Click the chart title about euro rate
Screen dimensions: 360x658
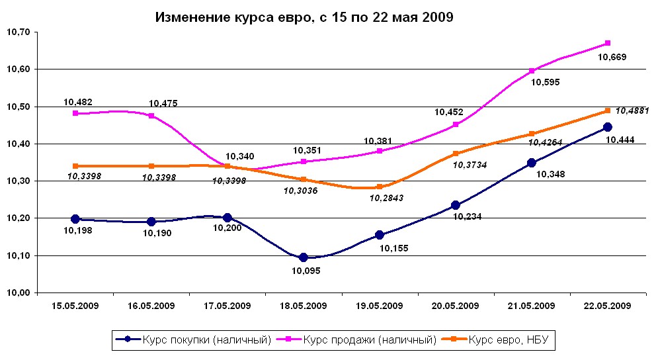point(304,18)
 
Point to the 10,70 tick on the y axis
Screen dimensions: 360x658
point(18,32)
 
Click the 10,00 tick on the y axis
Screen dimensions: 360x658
point(18,292)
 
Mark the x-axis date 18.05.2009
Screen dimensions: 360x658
point(304,306)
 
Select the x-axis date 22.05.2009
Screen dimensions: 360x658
point(608,306)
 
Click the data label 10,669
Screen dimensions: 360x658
point(612,57)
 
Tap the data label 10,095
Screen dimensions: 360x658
point(304,270)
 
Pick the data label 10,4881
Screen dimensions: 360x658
point(632,111)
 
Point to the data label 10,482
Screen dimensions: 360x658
point(78,102)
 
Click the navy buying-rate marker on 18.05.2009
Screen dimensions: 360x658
point(304,257)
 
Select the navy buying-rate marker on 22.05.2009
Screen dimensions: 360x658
point(608,127)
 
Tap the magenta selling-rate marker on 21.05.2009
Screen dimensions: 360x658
point(532,71)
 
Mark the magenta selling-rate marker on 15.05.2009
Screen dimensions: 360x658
point(75,113)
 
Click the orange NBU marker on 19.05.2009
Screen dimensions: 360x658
point(380,187)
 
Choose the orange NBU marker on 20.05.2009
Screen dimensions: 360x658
point(456,154)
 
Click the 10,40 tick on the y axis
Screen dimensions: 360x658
point(18,144)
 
